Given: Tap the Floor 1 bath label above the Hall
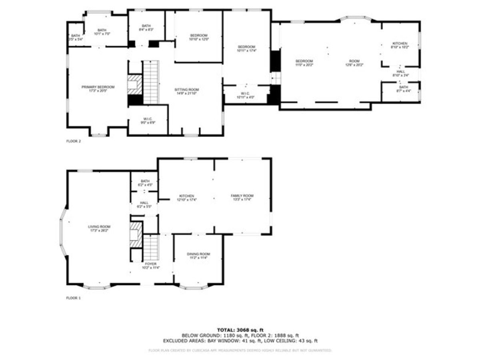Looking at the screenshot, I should pos(142,183).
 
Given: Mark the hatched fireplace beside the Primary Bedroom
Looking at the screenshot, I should pos(135,84).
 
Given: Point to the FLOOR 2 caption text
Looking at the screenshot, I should pos(73,141).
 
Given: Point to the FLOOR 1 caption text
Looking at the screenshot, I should pos(73,298).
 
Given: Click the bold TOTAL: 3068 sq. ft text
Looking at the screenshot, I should pos(240,330).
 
